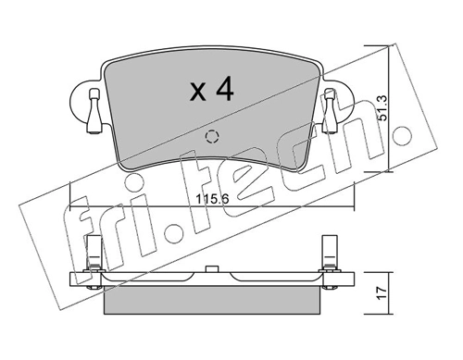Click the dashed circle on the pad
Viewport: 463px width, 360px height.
pos(212,138)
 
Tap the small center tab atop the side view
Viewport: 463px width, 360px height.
pos(211,269)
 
